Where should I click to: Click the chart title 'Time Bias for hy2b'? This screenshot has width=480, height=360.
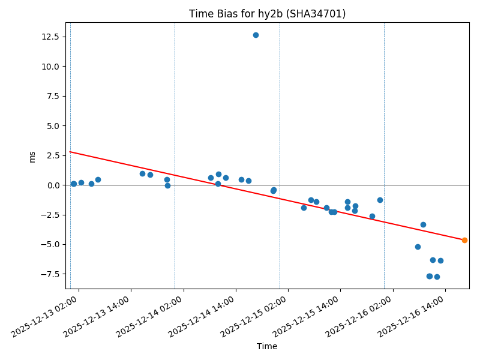coord(267,14)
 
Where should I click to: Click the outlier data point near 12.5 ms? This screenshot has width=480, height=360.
coord(256,35)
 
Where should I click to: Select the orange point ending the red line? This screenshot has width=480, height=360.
coord(464,240)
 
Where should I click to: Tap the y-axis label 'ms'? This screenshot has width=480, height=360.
coord(32,156)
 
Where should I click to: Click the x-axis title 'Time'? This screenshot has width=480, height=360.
coord(267,346)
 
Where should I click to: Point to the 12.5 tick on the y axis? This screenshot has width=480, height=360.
coord(50,37)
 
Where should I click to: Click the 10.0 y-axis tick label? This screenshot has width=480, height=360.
coord(50,66)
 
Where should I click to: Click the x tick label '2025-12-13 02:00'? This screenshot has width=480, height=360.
coord(45,315)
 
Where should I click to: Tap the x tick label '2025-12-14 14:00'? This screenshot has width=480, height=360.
coord(202,315)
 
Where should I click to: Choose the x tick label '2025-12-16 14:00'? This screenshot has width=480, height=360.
coord(411,315)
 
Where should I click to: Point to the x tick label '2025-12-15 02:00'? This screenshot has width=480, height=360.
coord(254,315)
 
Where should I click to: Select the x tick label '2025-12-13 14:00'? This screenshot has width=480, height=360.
coord(97,315)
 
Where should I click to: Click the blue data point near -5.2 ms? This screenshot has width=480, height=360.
coord(418,247)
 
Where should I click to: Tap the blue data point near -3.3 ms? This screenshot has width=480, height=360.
coord(423,224)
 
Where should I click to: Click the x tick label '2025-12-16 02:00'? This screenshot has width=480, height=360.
coord(359,315)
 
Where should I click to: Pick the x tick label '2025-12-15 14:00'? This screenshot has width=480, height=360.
coord(306,315)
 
